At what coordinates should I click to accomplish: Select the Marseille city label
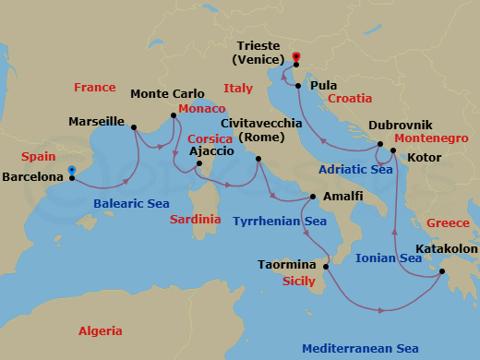pos(97,121)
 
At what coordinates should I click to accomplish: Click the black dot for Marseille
pos(134,128)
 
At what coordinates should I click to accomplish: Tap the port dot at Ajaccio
pos(198,165)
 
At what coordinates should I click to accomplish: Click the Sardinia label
pos(196,220)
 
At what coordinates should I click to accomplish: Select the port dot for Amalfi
pos(313,197)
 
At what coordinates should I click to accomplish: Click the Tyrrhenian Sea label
pos(280,222)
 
